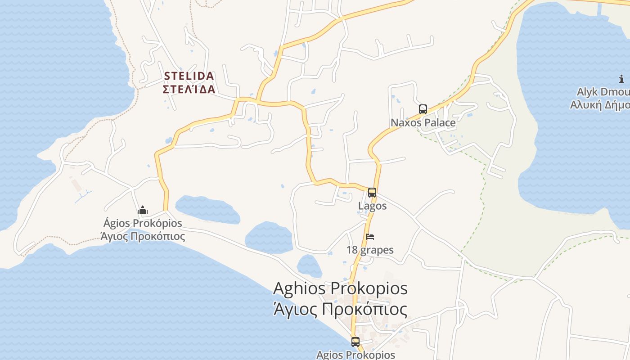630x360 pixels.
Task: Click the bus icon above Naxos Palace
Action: [x=423, y=109]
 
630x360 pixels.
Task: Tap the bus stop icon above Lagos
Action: [x=372, y=193]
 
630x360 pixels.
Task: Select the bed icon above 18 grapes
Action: [x=370, y=237]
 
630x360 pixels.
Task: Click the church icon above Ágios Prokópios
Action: [x=143, y=210]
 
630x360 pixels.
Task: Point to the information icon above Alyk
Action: [x=621, y=79]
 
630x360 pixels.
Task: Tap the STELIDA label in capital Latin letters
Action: [x=189, y=76]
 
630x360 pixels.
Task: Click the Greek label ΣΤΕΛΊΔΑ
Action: [x=189, y=89]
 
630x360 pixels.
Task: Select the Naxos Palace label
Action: [x=423, y=123]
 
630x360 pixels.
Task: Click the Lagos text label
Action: [x=372, y=206]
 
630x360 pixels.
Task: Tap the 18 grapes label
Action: [x=370, y=250]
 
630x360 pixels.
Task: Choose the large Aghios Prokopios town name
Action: [x=340, y=288]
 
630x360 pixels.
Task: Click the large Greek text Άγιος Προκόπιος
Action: [x=340, y=310]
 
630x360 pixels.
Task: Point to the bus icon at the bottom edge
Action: [x=355, y=342]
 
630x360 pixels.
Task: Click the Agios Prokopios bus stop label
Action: [x=355, y=355]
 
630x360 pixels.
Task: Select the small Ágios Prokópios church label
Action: [x=143, y=223]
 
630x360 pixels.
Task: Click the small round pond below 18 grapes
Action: [x=309, y=266]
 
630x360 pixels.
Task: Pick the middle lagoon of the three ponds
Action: [x=269, y=237]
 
